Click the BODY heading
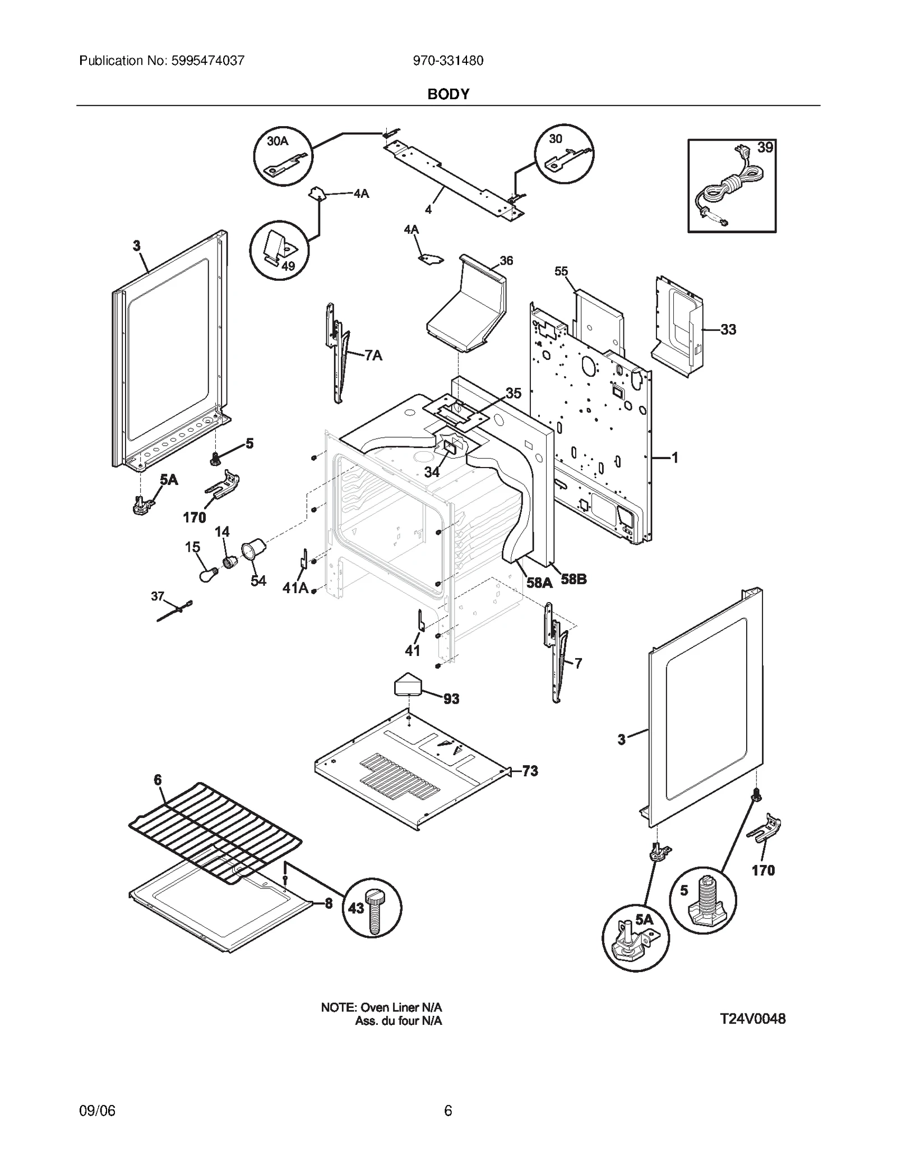coord(448,94)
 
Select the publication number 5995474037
coord(206,61)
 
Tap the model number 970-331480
coord(448,61)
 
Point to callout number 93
coord(451,699)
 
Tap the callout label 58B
coord(574,579)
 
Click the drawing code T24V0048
coord(752,1019)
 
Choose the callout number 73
coord(530,771)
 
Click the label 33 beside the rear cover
coord(728,330)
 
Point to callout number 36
coord(506,261)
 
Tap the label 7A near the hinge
coord(373,355)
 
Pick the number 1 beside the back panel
coord(675,458)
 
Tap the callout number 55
coord(561,272)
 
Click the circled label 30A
coord(278,141)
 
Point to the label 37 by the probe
coord(158,596)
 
